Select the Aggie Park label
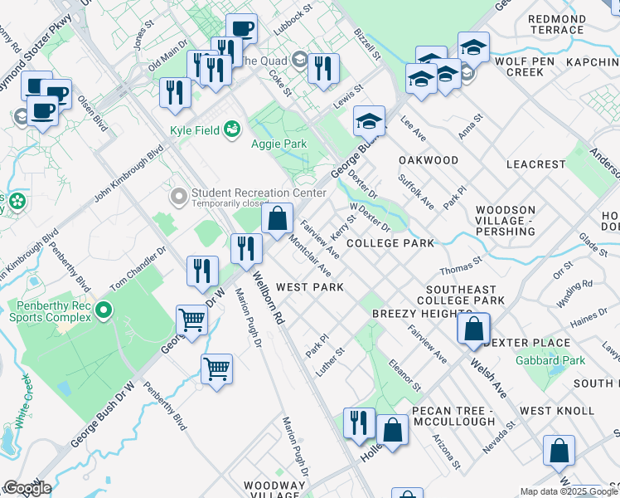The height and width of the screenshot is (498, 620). [279, 144]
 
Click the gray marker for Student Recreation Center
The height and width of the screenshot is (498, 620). [177, 197]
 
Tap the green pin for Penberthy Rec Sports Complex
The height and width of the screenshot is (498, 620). [103, 310]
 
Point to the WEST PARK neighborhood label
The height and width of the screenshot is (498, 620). [309, 287]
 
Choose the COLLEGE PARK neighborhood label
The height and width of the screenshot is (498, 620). [390, 243]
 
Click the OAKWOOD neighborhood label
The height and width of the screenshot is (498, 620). [428, 160]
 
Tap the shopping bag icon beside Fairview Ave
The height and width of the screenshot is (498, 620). [279, 219]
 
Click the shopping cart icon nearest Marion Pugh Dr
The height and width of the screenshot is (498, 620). [216, 369]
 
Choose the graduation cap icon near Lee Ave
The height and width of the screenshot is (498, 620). [369, 122]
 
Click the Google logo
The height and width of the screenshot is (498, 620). [27, 488]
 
